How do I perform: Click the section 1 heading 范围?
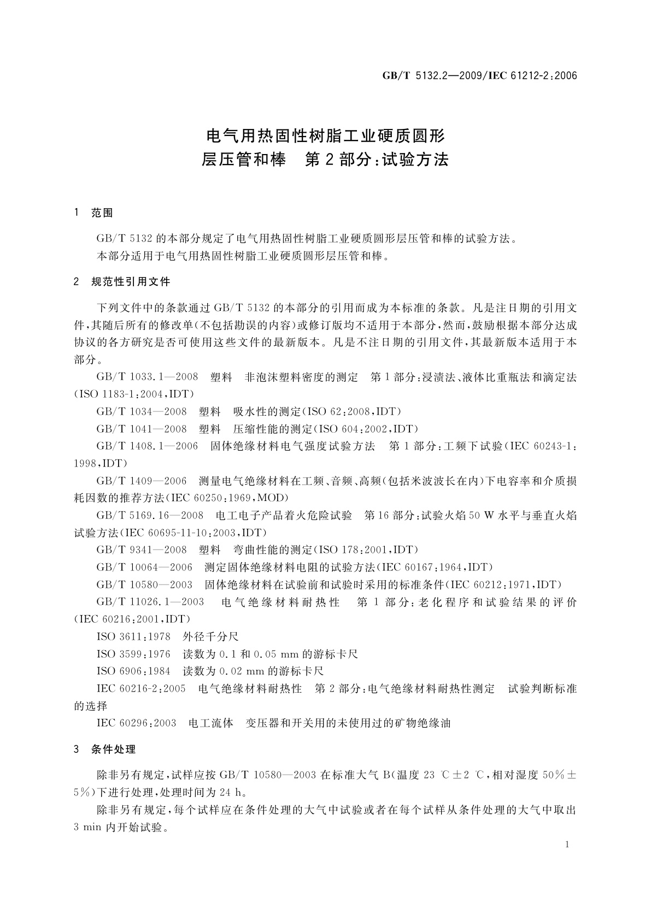(102, 213)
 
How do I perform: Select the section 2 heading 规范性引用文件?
(131, 282)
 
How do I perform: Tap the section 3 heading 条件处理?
(114, 749)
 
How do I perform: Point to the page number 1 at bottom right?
(568, 845)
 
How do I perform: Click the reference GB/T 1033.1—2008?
(147, 377)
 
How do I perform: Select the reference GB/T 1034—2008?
(142, 411)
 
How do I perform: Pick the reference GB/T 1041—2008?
(142, 429)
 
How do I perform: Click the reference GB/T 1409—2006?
(142, 481)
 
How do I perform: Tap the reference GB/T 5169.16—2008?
(150, 515)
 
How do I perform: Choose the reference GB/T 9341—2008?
(142, 550)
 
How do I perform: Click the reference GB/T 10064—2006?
(144, 567)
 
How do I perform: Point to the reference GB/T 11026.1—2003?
(150, 601)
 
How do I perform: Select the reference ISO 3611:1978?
(133, 636)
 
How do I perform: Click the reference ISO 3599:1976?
(133, 654)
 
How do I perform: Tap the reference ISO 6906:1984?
(133, 671)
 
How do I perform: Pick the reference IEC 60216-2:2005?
(141, 688)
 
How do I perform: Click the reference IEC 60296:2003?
(136, 723)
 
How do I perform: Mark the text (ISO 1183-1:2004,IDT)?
(134, 394)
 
